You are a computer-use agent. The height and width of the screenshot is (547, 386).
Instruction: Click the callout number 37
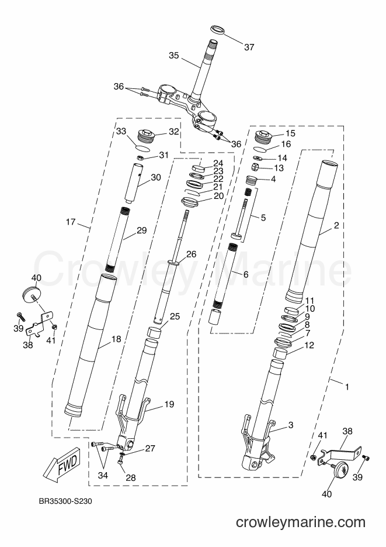[249, 47]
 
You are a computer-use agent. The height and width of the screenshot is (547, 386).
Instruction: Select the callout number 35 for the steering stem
[174, 56]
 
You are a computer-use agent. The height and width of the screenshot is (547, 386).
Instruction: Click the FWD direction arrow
[64, 464]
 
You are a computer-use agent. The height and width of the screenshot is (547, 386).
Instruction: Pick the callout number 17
[71, 222]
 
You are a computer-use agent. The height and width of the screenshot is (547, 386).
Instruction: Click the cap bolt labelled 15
[265, 136]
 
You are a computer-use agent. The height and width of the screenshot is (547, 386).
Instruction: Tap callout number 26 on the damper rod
[191, 254]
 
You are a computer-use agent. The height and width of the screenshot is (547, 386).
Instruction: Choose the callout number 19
[169, 404]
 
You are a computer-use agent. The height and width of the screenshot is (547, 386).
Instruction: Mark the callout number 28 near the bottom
[131, 477]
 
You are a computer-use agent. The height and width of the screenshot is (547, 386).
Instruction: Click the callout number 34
[103, 475]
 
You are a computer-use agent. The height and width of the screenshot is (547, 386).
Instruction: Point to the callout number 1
[347, 387]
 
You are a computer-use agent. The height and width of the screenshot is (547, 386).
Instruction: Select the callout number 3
[291, 425]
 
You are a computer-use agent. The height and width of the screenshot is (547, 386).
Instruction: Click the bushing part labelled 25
[155, 333]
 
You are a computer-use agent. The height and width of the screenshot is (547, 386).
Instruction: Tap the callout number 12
[309, 345]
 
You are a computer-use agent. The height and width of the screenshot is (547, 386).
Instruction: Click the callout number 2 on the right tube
[336, 226]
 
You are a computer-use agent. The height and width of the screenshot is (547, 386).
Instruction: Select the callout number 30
[156, 178]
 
